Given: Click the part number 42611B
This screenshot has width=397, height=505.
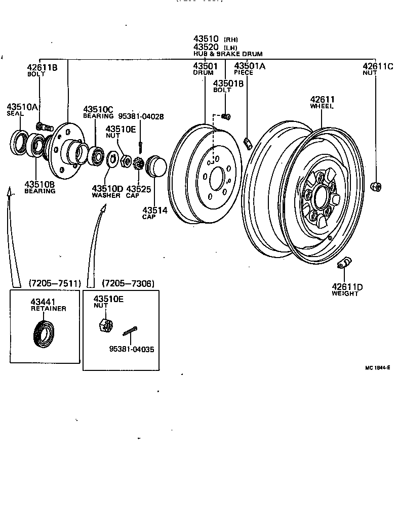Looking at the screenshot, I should coord(43,67).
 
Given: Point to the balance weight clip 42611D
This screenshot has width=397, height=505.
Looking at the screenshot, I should coord(344,264).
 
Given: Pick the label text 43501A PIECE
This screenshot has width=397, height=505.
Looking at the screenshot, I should coord(250,69).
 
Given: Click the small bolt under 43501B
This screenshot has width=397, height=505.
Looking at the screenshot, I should coord(226,117).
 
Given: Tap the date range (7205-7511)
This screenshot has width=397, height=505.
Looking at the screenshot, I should coord(55,283).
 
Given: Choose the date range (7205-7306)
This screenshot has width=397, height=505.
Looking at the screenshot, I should coord(128,283).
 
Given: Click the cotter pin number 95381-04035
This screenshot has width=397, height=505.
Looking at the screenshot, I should coord(132,349).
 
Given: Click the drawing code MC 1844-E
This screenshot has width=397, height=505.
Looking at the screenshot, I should coord(377,368).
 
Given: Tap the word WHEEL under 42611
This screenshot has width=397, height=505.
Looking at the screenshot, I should coord(322,107).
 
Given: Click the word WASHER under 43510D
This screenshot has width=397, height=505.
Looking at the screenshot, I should coord(106,195).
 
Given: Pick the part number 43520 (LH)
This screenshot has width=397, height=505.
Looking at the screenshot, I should coord(215,47).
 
